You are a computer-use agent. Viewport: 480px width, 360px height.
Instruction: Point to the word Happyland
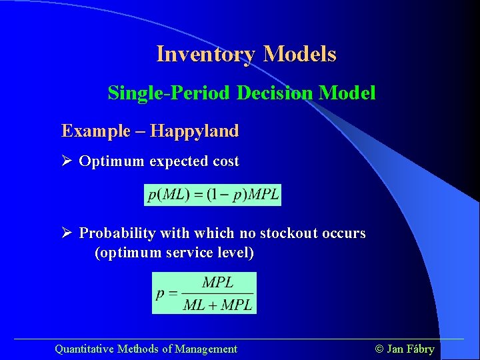point(194,131)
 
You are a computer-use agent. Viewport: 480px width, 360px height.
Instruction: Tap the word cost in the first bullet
point(225,161)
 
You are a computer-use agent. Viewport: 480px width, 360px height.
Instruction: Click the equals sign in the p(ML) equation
point(197,195)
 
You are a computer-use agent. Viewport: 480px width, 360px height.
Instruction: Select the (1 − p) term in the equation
point(227,195)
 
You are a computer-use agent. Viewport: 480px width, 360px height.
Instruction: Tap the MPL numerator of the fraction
point(217,283)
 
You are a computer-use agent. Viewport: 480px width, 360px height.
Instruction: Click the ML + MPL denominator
point(217,305)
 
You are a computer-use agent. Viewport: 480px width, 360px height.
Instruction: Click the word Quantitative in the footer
point(84,349)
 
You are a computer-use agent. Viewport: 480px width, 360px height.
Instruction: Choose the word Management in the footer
point(206,349)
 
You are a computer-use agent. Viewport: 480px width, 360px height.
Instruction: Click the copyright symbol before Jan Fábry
point(379,349)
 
